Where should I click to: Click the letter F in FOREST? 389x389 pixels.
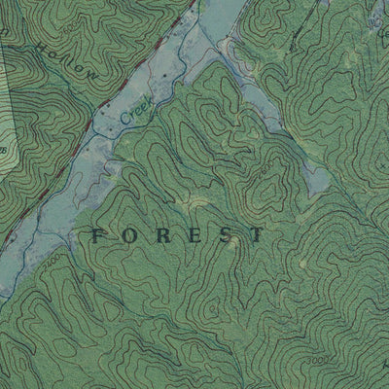click(97, 234)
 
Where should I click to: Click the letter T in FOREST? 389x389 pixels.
click(256, 234)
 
